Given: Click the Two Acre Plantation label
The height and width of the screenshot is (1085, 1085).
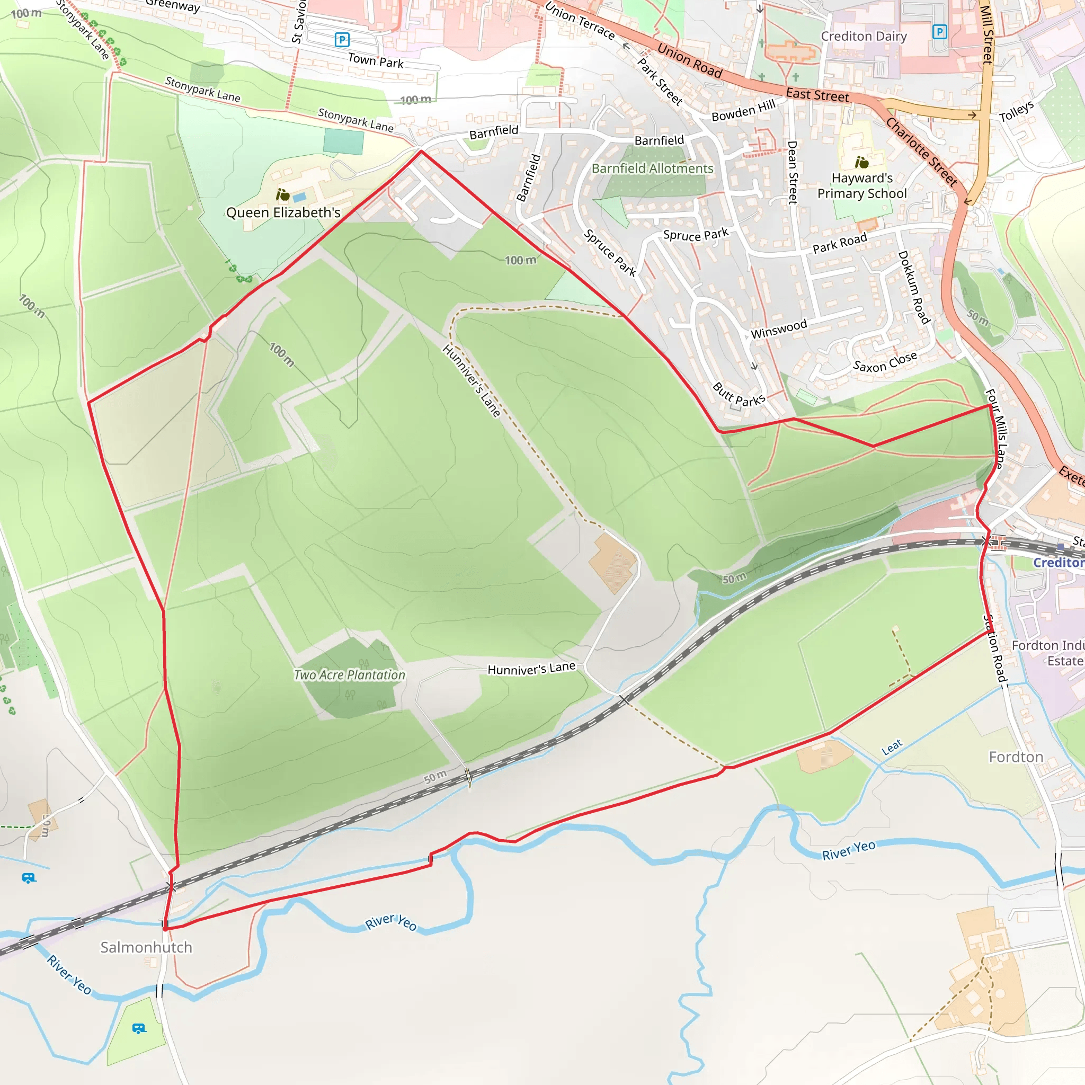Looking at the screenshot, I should click(x=349, y=675).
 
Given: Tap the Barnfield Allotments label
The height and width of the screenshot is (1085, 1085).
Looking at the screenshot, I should click(x=652, y=168).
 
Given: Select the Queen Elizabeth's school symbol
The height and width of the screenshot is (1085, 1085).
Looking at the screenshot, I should click(x=283, y=195).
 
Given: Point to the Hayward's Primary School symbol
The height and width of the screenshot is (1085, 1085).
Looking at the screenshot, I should click(x=861, y=163).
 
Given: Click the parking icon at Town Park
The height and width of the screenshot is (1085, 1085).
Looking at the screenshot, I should click(x=342, y=40).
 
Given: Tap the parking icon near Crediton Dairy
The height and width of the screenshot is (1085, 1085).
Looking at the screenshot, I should click(x=939, y=31).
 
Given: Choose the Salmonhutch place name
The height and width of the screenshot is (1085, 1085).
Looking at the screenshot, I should click(x=146, y=947).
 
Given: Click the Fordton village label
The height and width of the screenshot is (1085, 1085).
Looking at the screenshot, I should click(x=1016, y=757).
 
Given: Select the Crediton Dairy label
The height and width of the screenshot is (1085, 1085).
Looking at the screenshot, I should click(x=864, y=37).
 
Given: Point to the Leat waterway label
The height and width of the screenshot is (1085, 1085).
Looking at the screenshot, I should click(x=892, y=747).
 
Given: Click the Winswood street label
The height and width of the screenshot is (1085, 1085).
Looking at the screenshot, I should click(x=779, y=329).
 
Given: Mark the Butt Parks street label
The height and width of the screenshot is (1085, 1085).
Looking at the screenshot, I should click(x=739, y=395).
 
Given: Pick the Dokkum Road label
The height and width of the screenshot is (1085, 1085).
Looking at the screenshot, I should click(x=914, y=287).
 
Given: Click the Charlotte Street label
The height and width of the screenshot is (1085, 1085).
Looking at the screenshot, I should click(x=922, y=152).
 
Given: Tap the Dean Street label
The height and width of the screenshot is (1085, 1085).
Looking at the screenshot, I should click(x=793, y=172).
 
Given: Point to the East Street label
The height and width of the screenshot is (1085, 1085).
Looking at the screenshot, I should click(x=817, y=95).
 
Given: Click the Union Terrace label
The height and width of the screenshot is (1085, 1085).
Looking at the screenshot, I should click(x=580, y=21).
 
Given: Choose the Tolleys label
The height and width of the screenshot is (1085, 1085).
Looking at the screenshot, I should click(x=1017, y=111).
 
